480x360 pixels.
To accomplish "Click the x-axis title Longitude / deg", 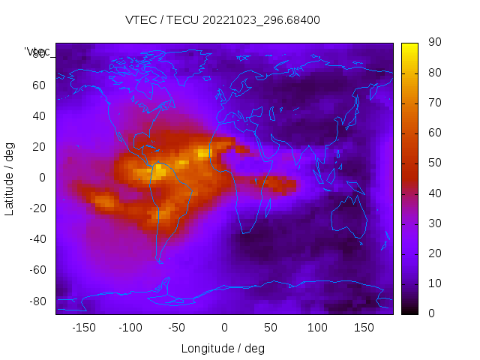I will coord(223,348).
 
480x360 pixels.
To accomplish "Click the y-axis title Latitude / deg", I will coord(10,177).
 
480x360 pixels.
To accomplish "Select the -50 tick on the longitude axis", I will coord(177,328).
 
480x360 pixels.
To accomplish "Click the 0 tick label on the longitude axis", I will coord(224,328).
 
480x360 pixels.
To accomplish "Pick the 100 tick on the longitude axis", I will coord(317,328).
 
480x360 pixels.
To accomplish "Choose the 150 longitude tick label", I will coord(364,328).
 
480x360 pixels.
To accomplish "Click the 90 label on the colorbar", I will coord(434,43).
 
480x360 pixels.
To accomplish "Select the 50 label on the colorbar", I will coord(434,163).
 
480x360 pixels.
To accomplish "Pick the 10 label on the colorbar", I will coord(434,283).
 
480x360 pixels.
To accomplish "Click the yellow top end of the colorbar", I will coord(409,46).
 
